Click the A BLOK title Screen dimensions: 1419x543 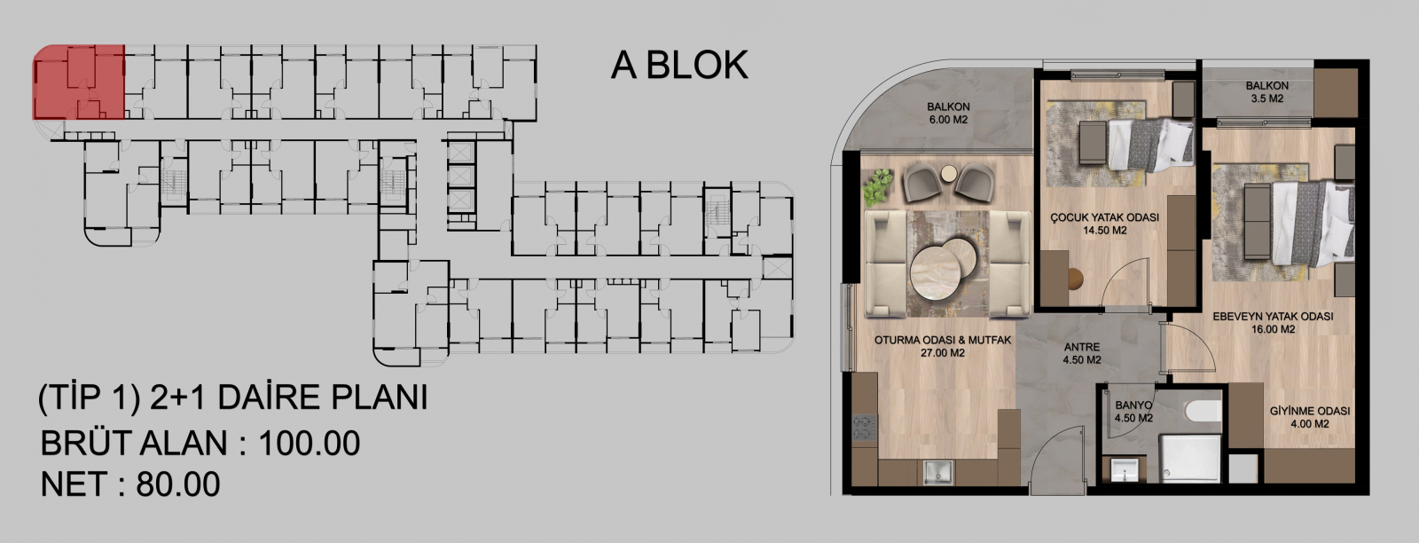click(679, 66)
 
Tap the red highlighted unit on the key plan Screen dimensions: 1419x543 click(79, 83)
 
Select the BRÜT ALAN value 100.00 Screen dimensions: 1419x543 click(310, 443)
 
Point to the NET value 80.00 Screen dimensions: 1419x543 click(178, 484)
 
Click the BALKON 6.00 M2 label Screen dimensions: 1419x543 click(948, 113)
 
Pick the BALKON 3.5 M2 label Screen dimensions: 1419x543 click(1267, 92)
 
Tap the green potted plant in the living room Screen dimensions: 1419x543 click(877, 186)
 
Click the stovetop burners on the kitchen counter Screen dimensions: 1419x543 click(864, 427)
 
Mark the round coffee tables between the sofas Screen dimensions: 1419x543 click(943, 266)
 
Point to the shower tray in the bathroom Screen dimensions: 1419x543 click(1189, 459)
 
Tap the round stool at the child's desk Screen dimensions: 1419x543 click(1074, 279)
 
